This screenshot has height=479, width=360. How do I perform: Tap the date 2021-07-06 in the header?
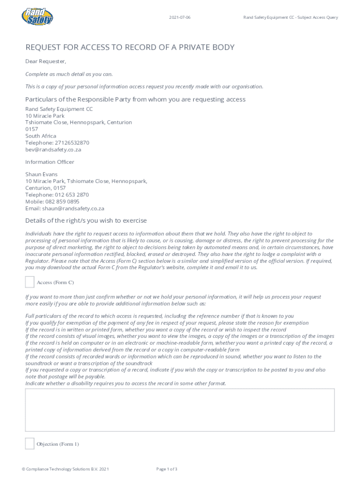coord(180,18)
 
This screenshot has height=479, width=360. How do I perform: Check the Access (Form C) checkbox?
coord(29,282)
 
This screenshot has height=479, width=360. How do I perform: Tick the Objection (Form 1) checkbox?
coord(29,443)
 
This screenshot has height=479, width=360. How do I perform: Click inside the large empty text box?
coord(180,410)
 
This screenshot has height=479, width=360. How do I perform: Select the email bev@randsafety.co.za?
coord(53,150)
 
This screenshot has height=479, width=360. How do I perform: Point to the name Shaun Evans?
coord(42,174)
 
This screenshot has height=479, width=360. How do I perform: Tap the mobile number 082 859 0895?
coord(63,202)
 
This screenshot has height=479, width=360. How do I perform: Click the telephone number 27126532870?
coord(71,143)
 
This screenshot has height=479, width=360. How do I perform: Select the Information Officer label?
coord(50,162)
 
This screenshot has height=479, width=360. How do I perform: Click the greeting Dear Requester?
coord(46,61)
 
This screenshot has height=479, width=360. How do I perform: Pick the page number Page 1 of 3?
coord(167,469)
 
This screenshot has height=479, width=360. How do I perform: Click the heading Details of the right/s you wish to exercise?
coord(86,220)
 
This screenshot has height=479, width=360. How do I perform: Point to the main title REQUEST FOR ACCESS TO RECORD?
coord(130,47)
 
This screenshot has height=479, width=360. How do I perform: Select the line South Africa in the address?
coord(41,136)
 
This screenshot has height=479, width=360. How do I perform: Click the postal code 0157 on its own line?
coord(32,129)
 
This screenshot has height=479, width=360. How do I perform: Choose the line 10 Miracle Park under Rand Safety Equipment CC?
coord(45,116)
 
